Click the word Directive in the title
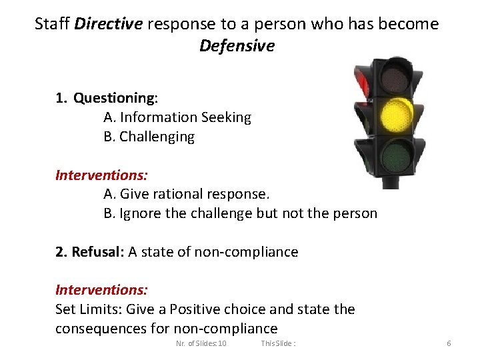pyautogui.click(x=109, y=25)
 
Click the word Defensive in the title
pyautogui.click(x=237, y=46)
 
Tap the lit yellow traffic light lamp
pyautogui.click(x=397, y=116)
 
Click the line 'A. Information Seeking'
pyautogui.click(x=177, y=118)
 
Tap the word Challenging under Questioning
pyautogui.click(x=157, y=137)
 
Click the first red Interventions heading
pyautogui.click(x=101, y=175)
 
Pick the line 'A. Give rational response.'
pyautogui.click(x=187, y=195)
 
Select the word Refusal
pyautogui.click(x=98, y=252)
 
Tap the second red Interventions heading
pyautogui.click(x=101, y=290)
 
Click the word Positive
pyautogui.click(x=196, y=309)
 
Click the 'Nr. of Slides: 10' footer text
pyautogui.click(x=201, y=343)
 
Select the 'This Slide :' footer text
pyautogui.click(x=279, y=343)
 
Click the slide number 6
pyautogui.click(x=449, y=343)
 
